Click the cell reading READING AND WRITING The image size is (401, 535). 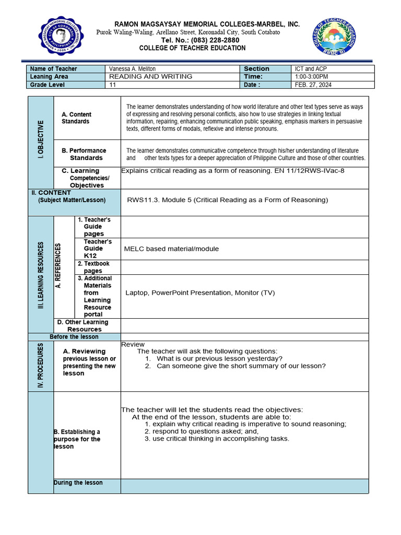coord(150,77)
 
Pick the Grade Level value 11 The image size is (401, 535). coord(112,85)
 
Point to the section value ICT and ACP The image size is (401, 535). coord(311,69)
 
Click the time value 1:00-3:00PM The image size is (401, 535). coord(312,77)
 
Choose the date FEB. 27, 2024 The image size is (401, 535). coord(313,85)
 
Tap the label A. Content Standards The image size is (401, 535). coord(76,118)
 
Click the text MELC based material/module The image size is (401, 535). coord(171,249)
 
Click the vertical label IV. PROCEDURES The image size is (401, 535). coord(41,365)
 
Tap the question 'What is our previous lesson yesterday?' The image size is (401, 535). coord(219,358)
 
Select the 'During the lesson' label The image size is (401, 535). coord(78,483)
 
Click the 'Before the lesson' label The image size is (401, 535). coord(74,337)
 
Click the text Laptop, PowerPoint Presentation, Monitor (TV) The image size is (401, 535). coord(200,293)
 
